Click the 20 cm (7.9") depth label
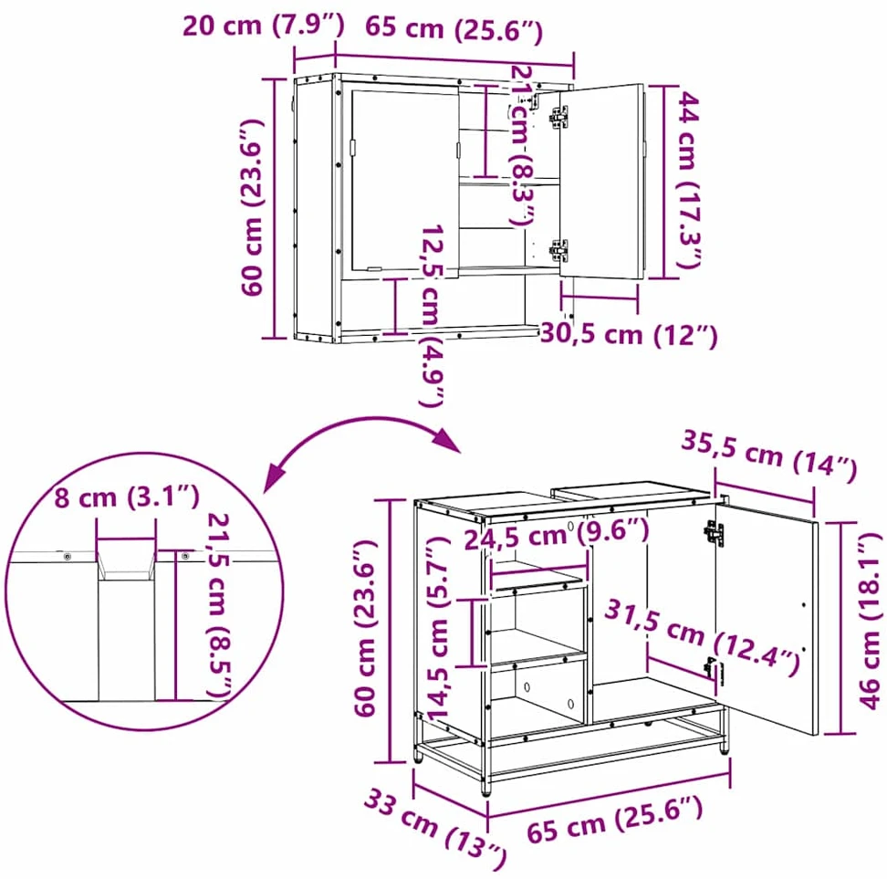pyautogui.click(x=263, y=26)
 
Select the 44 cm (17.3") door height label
pyautogui.click(x=688, y=180)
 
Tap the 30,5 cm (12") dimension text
pyautogui.click(x=629, y=334)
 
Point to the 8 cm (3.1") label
pyautogui.click(x=127, y=497)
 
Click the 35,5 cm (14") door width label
pyautogui.click(x=768, y=456)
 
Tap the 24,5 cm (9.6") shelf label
pyautogui.click(x=557, y=535)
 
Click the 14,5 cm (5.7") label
pyautogui.click(x=438, y=629)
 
